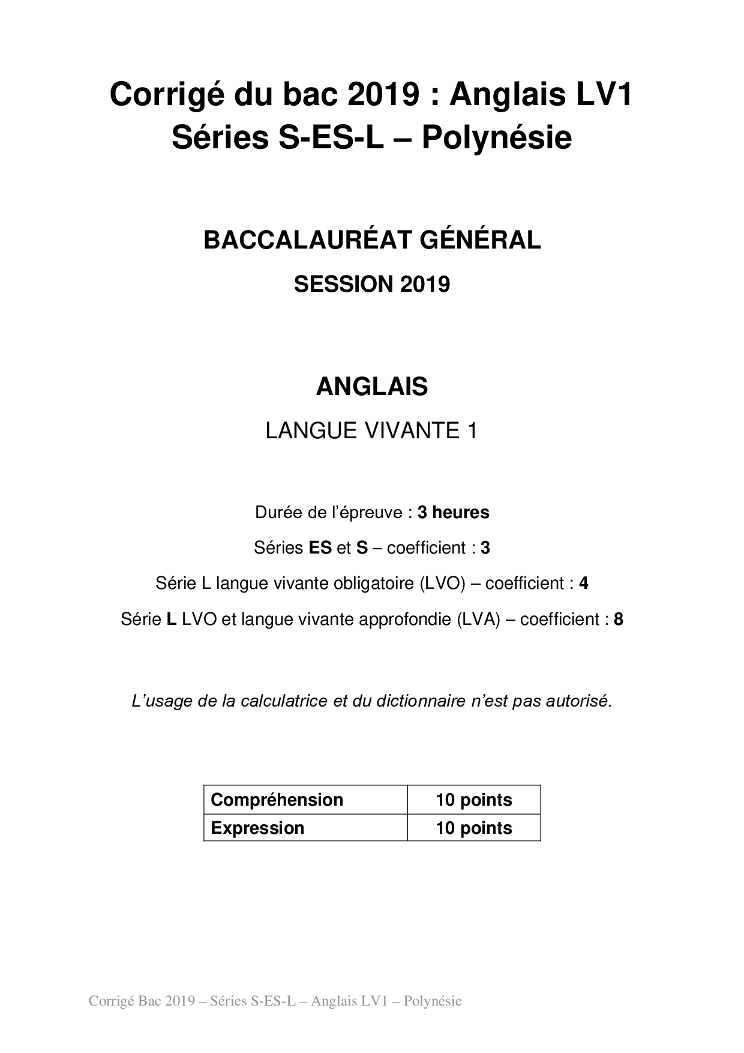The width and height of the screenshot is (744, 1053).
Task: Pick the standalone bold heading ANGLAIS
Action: tap(372, 387)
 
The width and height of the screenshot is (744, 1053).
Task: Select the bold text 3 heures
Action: tap(454, 513)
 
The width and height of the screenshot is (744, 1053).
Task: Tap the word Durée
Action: tap(278, 513)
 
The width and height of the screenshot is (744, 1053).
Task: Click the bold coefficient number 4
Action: tap(583, 583)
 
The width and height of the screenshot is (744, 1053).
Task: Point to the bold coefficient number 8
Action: tap(619, 619)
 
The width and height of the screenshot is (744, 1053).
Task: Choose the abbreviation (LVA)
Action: tap(478, 619)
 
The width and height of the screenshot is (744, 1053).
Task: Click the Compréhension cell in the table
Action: tap(277, 800)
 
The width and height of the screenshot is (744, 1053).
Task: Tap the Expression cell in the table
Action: tap(257, 828)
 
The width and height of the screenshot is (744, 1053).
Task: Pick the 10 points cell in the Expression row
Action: tap(474, 828)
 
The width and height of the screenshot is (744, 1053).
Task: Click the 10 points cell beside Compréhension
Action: tap(474, 800)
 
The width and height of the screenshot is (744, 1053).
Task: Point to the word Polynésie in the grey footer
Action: tap(433, 1001)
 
